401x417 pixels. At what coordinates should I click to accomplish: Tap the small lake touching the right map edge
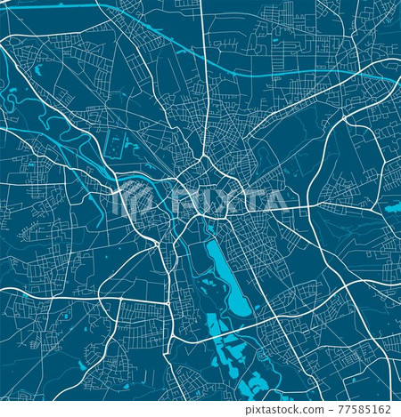click(x=393, y=208)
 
